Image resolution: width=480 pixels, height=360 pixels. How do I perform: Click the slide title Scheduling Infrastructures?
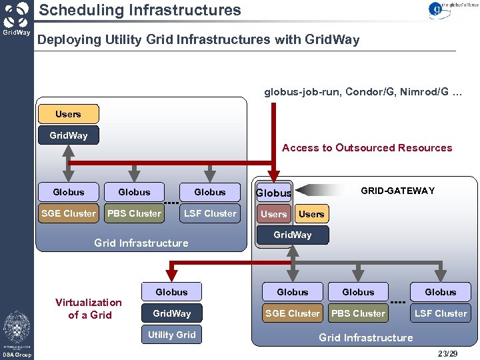pyautogui.click(x=139, y=10)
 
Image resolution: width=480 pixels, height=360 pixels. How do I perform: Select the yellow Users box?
pyautogui.click(x=68, y=114)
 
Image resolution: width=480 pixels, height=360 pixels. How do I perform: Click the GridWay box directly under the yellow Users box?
pyautogui.click(x=68, y=135)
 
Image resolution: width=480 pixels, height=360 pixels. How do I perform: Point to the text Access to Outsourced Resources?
pyautogui.click(x=367, y=148)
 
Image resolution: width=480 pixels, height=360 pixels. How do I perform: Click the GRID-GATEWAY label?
pyautogui.click(x=397, y=191)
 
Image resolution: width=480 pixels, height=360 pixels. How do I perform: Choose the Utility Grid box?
pyautogui.click(x=171, y=335)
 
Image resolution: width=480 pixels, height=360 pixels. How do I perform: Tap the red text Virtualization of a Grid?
pyautogui.click(x=89, y=309)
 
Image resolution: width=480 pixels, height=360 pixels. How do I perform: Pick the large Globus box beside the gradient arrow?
pyautogui.click(x=273, y=193)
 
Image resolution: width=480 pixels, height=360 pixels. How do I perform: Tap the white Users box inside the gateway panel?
pyautogui.click(x=311, y=214)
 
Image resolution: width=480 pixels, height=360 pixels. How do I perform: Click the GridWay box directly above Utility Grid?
pyautogui.click(x=171, y=313)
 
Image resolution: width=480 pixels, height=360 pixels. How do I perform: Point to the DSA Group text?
pyautogui.click(x=16, y=355)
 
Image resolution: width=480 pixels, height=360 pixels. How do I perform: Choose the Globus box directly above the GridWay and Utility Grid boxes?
pyautogui.click(x=171, y=292)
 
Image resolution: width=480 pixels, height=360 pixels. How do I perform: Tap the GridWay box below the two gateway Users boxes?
pyautogui.click(x=292, y=235)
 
